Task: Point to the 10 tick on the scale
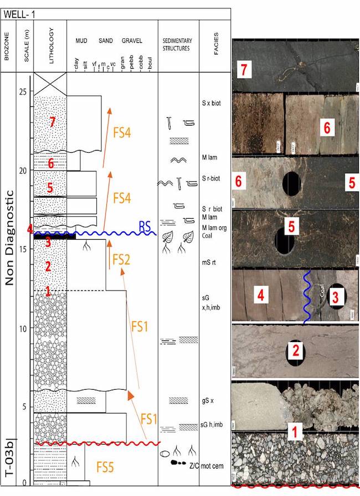(24, 328)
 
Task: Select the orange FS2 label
(121, 259)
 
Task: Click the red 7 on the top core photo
(241, 70)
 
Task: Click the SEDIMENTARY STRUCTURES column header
(177, 45)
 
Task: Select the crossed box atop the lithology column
(50, 84)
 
